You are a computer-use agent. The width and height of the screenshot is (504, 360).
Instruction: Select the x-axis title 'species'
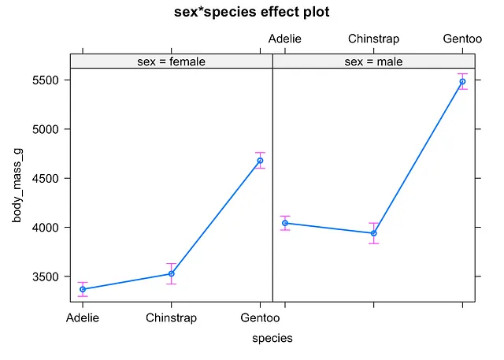pos(272,338)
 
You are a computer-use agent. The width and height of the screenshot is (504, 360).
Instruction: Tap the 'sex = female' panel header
pos(171,61)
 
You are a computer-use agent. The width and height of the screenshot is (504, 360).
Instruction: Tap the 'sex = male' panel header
pos(373,61)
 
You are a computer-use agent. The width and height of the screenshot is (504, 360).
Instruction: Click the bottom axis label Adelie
pos(83,318)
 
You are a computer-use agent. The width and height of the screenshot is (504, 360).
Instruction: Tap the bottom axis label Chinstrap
pos(172,318)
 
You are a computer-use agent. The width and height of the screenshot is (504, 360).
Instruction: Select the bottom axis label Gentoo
pos(261,318)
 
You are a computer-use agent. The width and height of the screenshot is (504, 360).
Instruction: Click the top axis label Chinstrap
pos(374,39)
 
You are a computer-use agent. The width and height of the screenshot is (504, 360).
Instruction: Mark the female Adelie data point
pos(83,289)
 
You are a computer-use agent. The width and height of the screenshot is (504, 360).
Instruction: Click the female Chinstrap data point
pos(172,274)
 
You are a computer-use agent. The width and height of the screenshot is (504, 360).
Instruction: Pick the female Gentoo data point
pos(261,161)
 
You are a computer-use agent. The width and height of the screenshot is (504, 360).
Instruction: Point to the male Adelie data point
pos(285,223)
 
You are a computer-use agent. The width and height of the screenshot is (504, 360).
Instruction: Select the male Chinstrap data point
pos(374,233)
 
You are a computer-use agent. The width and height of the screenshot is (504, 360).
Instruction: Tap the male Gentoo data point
pos(463,81)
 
